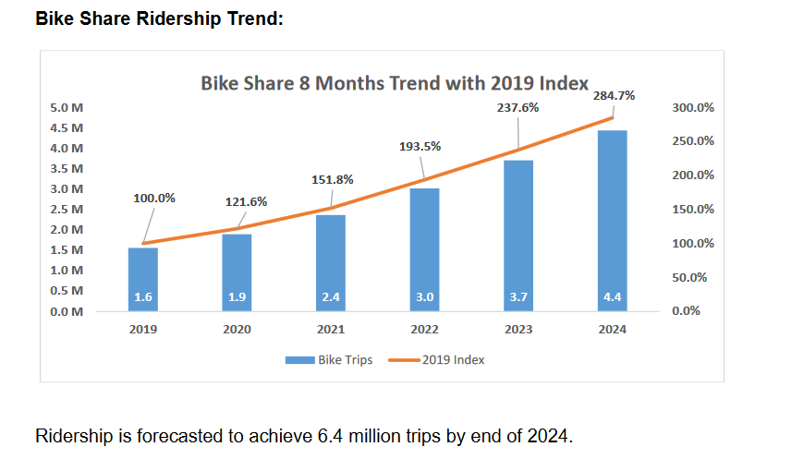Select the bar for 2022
(x=424, y=249)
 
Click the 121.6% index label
(x=247, y=201)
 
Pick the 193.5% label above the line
(x=420, y=146)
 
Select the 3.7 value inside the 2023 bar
(x=518, y=297)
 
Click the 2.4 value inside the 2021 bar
(x=331, y=297)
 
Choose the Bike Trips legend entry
(x=329, y=359)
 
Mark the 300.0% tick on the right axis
(x=692, y=108)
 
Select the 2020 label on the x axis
(x=237, y=330)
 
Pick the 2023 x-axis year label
(x=518, y=330)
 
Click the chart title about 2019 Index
(x=395, y=83)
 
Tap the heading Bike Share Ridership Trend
(x=159, y=18)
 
